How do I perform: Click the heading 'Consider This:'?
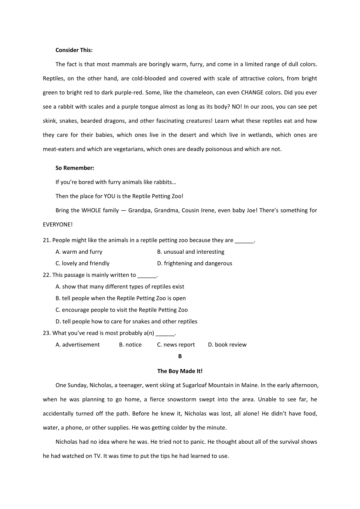[74, 50]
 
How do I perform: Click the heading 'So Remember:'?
[75, 168]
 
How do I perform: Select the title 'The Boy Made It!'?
[180, 371]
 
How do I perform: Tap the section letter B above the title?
[180, 356]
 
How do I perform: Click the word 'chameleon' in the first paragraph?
[200, 93]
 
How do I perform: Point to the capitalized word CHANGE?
[255, 93]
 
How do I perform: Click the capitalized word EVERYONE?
[58, 224]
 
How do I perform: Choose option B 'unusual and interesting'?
[191, 252]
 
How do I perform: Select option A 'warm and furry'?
[79, 252]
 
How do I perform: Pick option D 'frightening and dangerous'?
[194, 263]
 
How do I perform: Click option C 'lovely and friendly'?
[82, 263]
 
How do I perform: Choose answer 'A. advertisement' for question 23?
[77, 345]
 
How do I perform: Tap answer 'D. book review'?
[227, 345]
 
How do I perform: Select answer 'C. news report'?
[176, 345]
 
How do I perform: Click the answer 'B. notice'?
[130, 345]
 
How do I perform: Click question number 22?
[47, 275]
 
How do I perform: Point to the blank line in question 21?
[244, 240]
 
